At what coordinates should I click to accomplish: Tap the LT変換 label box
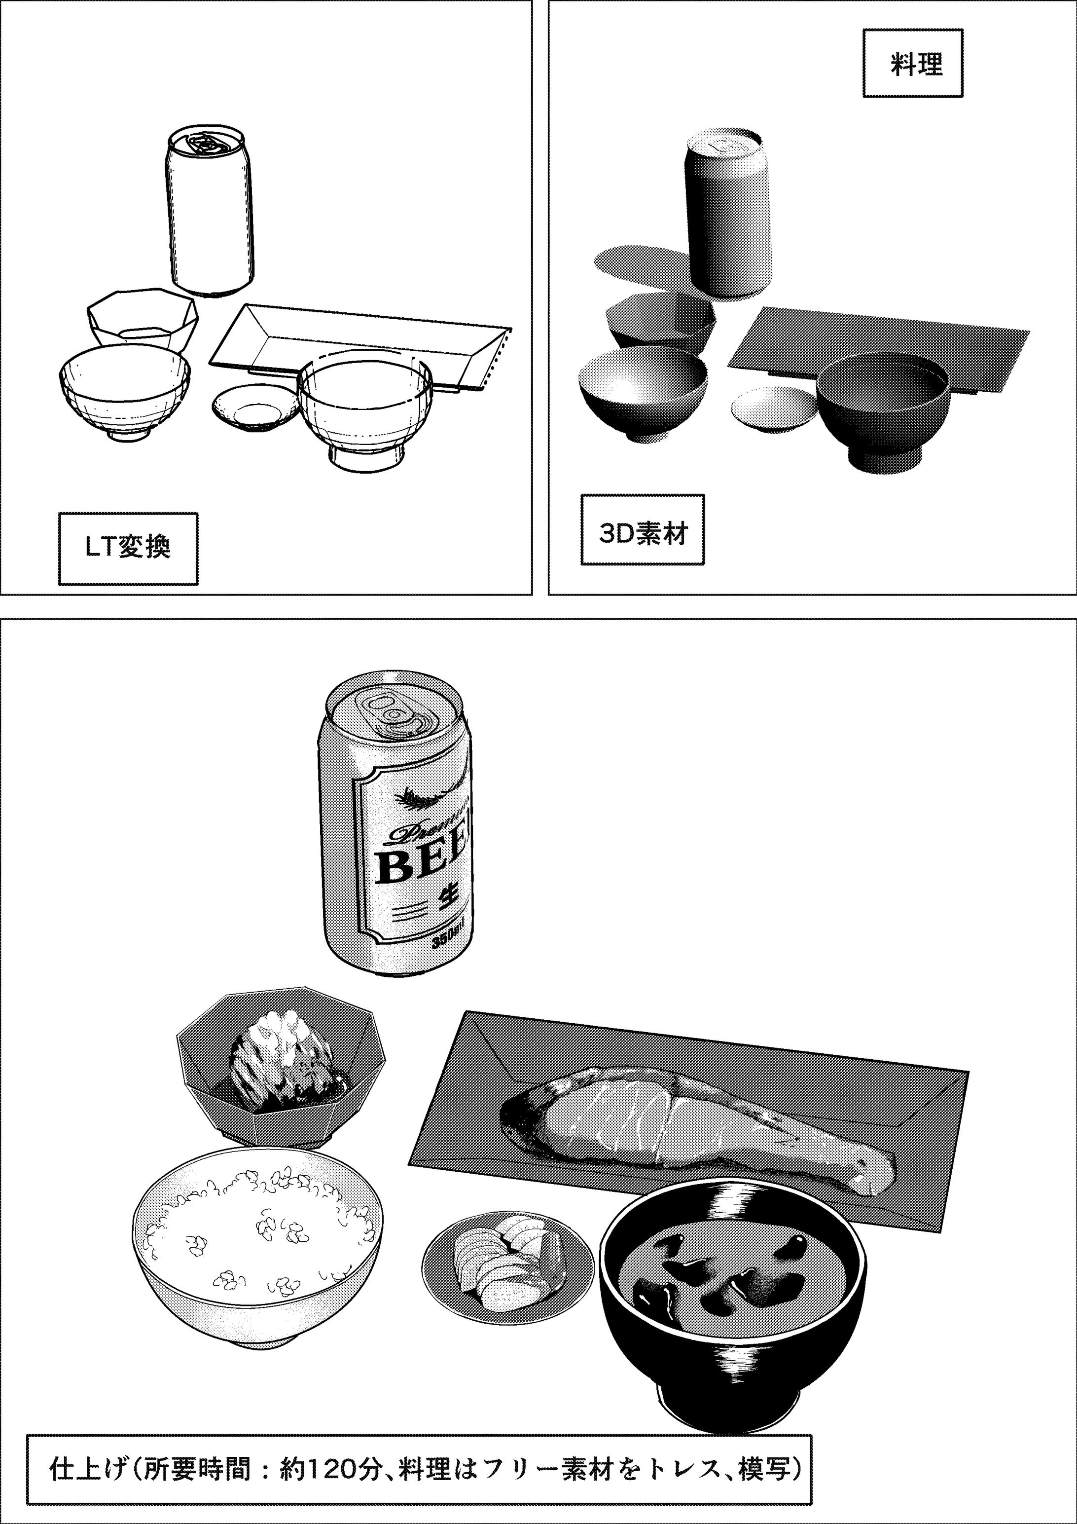(x=128, y=548)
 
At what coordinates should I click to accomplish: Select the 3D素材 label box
(x=643, y=529)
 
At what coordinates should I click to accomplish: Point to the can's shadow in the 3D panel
(x=637, y=262)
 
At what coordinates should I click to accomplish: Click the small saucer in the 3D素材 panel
(x=773, y=408)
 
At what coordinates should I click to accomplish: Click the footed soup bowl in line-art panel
(x=365, y=411)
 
